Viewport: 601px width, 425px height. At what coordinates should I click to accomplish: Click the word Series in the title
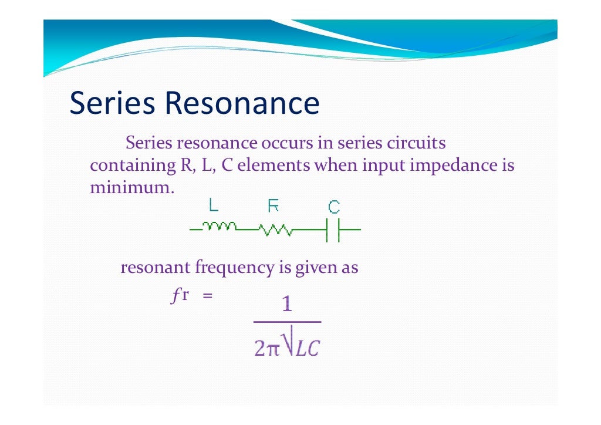pyautogui.click(x=113, y=103)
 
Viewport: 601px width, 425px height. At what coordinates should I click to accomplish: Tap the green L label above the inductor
pyautogui.click(x=214, y=205)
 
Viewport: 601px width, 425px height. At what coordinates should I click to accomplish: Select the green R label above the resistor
pyautogui.click(x=274, y=205)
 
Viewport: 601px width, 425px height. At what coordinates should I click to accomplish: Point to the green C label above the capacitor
pyautogui.click(x=333, y=207)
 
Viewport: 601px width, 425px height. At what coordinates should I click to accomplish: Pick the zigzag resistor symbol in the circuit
pyautogui.click(x=276, y=230)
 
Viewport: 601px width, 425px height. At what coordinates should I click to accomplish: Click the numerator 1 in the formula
pyautogui.click(x=287, y=305)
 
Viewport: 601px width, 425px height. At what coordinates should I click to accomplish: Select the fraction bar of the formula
pyautogui.click(x=287, y=322)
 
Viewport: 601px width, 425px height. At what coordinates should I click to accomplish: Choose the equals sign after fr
pyautogui.click(x=206, y=296)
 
